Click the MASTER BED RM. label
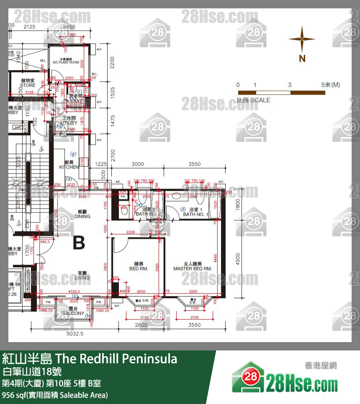pos(193,268)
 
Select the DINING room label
pos(82,216)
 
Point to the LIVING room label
pos(82,278)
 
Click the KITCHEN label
pos(69,167)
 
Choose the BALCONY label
pos(73,313)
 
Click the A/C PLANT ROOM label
pos(66,62)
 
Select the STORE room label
pos(28,85)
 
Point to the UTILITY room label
pos(69,123)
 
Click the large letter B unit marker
pos(79,243)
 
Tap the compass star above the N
pos(302,39)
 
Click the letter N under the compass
pos(302,59)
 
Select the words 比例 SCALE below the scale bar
pos(253,100)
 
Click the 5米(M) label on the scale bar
pos(331,85)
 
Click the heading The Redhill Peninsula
pos(116,359)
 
